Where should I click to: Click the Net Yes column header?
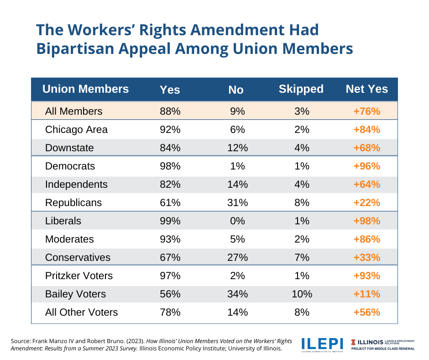[x=366, y=89]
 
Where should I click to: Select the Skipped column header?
[x=301, y=89]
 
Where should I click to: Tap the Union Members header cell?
[x=85, y=89]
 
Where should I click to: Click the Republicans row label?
[x=73, y=202]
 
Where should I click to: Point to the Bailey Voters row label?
[x=75, y=294]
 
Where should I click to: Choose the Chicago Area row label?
[x=76, y=129]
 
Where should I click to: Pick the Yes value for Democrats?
[x=170, y=166]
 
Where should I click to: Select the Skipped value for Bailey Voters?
[x=301, y=294]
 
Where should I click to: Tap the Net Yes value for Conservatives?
[x=366, y=257]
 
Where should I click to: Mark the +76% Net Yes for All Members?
[x=366, y=111]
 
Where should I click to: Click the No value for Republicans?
[x=237, y=202]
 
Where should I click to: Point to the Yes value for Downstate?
[x=170, y=148]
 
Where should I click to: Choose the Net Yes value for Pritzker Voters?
[x=366, y=275]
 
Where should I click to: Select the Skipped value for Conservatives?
[x=301, y=257]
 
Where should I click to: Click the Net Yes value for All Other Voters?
[x=366, y=312]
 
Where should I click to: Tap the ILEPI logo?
[x=322, y=344]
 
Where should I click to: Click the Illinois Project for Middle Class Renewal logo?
[x=382, y=344]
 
